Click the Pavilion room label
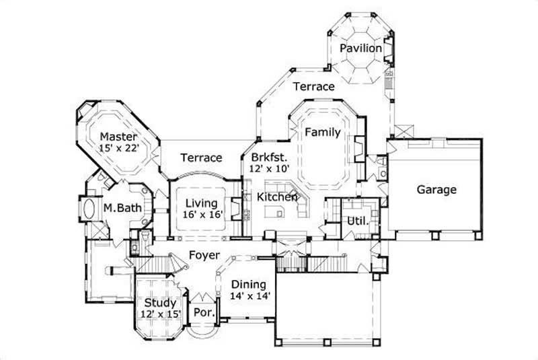[361, 49]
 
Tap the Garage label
[436, 190]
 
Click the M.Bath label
[122, 209]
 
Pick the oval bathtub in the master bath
[91, 209]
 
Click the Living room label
[201, 203]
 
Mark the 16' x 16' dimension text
[202, 215]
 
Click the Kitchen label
[277, 197]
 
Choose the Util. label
[355, 221]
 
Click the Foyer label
[202, 256]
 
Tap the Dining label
[249, 284]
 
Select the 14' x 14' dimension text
[250, 295]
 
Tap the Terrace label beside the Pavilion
[313, 87]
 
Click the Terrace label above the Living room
[201, 157]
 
